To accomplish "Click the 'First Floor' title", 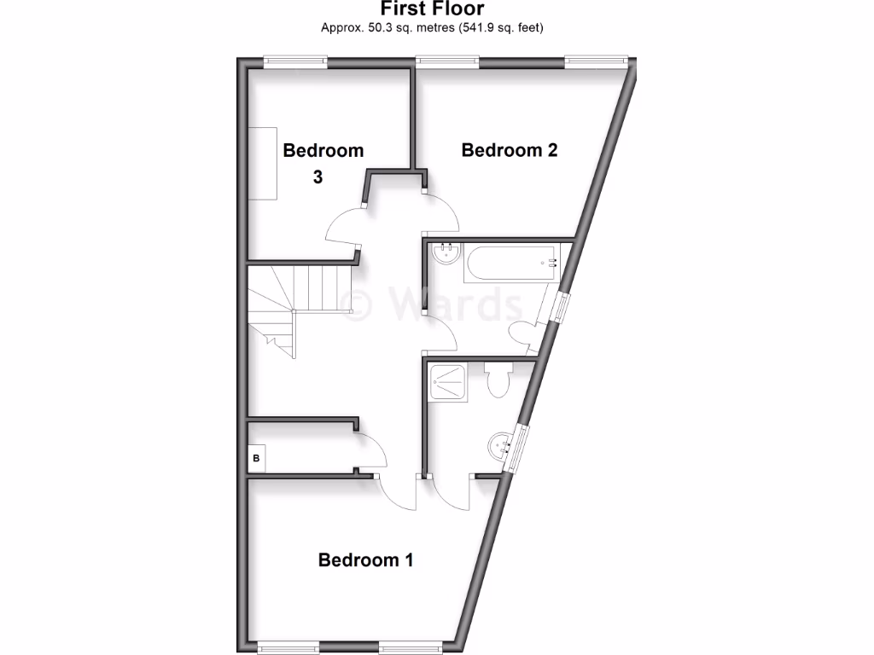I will click(x=432, y=9).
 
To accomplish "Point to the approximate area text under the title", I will click(x=432, y=28).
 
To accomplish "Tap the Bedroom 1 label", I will click(x=365, y=560).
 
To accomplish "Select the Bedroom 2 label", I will click(x=510, y=150).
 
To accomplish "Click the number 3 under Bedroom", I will click(x=318, y=178).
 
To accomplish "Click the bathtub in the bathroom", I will click(x=510, y=264).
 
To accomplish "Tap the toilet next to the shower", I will click(x=497, y=380).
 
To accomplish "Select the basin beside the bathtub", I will click(x=444, y=253).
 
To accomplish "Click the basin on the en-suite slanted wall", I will click(x=501, y=443).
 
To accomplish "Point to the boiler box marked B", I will click(x=256, y=459).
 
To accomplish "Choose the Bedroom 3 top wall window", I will click(x=295, y=61).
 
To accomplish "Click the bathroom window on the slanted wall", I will click(x=560, y=306).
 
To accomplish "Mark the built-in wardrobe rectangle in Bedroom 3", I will click(x=262, y=163).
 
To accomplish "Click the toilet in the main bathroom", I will click(x=521, y=332).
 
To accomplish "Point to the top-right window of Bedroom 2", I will click(x=597, y=61).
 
